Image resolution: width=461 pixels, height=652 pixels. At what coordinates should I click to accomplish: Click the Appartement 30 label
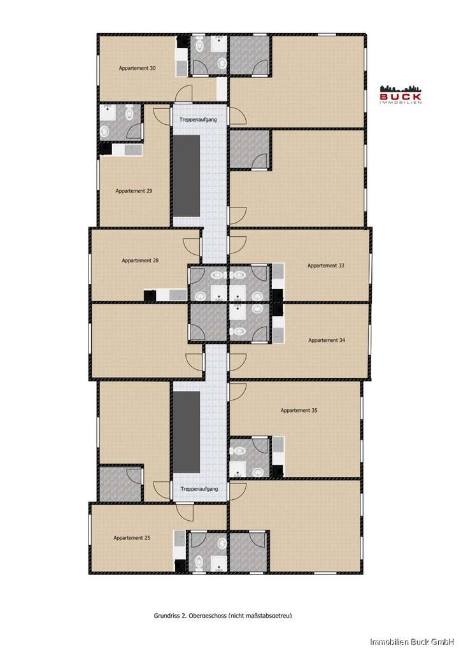(x=137, y=67)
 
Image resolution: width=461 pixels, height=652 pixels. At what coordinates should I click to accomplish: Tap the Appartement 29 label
(x=133, y=190)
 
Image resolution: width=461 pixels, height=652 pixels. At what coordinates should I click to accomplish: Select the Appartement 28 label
(x=140, y=260)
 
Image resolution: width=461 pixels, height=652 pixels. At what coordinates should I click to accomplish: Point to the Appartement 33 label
(x=325, y=266)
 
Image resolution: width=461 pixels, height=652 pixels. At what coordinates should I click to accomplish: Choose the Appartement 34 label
(x=327, y=340)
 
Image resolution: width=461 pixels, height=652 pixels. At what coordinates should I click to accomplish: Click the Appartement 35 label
(x=299, y=411)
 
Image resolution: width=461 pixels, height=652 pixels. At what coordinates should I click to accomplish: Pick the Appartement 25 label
(x=132, y=538)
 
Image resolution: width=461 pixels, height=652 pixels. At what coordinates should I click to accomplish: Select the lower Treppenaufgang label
(x=199, y=489)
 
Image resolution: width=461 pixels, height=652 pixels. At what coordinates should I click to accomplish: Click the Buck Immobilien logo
(x=401, y=94)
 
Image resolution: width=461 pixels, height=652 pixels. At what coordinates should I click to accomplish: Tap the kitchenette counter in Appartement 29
(x=127, y=150)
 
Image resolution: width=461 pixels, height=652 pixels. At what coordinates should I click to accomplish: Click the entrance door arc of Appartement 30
(x=185, y=93)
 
